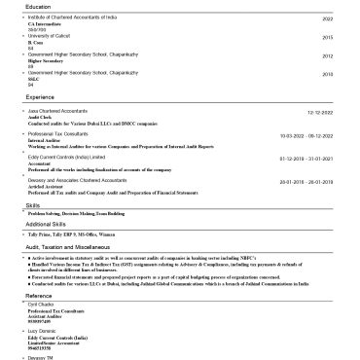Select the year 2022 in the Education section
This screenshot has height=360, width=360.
(x=327, y=18)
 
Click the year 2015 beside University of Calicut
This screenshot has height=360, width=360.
(x=327, y=37)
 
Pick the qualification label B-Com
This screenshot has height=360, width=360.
(x=35, y=43)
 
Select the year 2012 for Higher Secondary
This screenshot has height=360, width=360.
(x=327, y=55)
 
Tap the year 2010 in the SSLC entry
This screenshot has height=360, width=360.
(x=327, y=74)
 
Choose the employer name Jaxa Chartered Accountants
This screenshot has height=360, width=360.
(x=60, y=112)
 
